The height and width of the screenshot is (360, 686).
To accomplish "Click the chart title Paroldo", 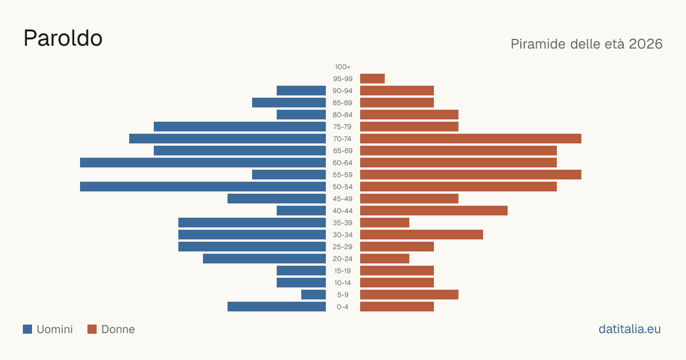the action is pyautogui.click(x=63, y=38).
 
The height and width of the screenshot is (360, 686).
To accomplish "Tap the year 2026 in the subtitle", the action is pyautogui.click(x=645, y=44).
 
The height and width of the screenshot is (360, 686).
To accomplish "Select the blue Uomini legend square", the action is pyautogui.click(x=27, y=329).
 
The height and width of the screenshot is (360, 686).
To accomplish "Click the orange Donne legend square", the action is pyautogui.click(x=92, y=329).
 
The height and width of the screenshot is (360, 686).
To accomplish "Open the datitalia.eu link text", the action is pyautogui.click(x=629, y=329).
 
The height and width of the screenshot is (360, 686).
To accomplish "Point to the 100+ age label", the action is pyautogui.click(x=342, y=67).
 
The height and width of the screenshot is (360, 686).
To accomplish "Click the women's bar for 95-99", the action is pyautogui.click(x=372, y=79).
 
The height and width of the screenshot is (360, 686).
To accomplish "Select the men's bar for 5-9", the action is pyautogui.click(x=314, y=295).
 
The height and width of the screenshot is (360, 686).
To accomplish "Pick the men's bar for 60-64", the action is pyautogui.click(x=203, y=162).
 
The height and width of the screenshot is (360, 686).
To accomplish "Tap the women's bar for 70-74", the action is pyautogui.click(x=470, y=139).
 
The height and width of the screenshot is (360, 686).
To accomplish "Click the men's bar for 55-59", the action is pyautogui.click(x=289, y=175).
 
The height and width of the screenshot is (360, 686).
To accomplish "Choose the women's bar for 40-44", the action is pyautogui.click(x=434, y=211).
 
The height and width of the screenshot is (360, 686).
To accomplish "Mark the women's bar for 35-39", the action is pyautogui.click(x=385, y=222).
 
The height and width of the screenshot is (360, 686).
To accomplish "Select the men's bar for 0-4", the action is pyautogui.click(x=277, y=307).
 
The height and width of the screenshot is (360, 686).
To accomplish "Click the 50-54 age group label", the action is pyautogui.click(x=342, y=187).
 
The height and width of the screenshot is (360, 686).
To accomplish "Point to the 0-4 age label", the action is pyautogui.click(x=342, y=307).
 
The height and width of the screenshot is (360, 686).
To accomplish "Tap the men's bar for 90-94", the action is pyautogui.click(x=301, y=91).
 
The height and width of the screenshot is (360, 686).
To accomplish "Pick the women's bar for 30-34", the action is pyautogui.click(x=421, y=235).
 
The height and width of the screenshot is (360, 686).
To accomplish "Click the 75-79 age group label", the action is pyautogui.click(x=342, y=127).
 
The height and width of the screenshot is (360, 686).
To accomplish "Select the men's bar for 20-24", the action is pyautogui.click(x=264, y=259).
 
